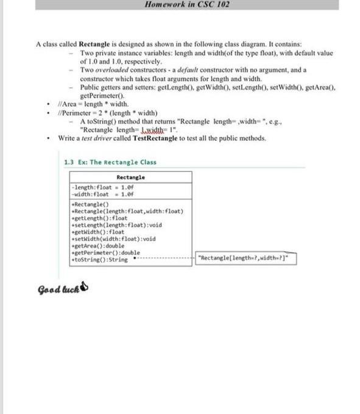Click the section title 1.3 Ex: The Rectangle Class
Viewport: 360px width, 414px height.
click(110, 162)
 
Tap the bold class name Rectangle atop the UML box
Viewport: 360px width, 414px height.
click(130, 177)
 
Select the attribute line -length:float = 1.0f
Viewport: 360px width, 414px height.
click(102, 188)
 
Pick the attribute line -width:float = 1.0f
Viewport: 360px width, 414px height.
click(102, 194)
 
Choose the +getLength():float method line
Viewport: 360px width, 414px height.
click(99, 217)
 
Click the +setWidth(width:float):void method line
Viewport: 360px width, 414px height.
click(113, 238)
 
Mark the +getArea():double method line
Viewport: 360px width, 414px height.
click(97, 245)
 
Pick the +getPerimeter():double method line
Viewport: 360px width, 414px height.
click(105, 252)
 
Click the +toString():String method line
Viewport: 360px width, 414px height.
click(99, 259)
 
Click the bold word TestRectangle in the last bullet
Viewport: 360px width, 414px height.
click(158, 138)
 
